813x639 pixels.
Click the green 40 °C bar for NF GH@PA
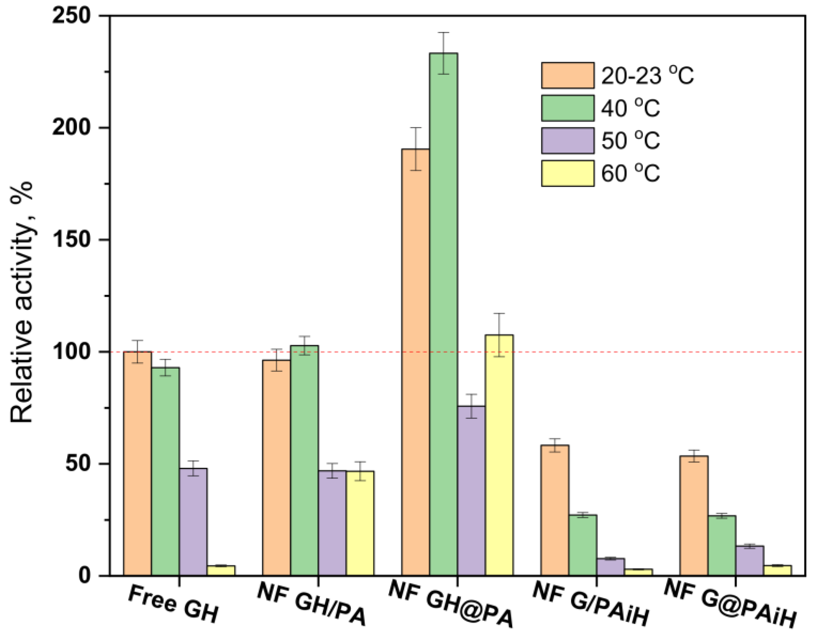443,314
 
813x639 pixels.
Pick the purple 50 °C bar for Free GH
193,522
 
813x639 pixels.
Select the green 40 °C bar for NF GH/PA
304,460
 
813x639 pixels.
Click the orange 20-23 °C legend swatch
567,75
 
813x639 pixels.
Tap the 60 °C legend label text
631,174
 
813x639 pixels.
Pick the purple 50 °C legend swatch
567,141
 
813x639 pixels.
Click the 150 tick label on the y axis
71,240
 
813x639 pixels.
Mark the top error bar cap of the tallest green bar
443,33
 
